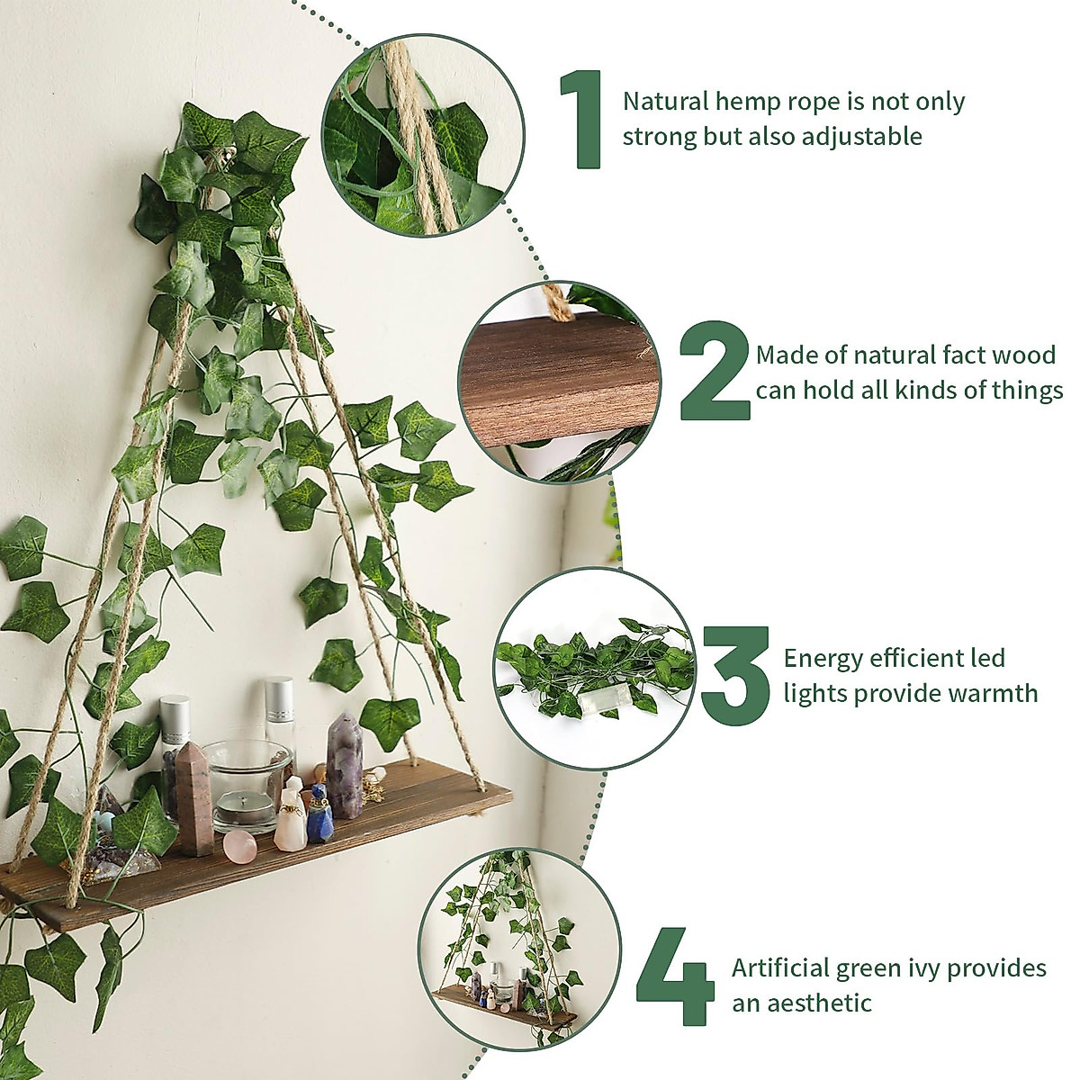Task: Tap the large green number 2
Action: point(713,371)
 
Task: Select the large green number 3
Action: point(735,675)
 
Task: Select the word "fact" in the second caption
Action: point(949,355)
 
